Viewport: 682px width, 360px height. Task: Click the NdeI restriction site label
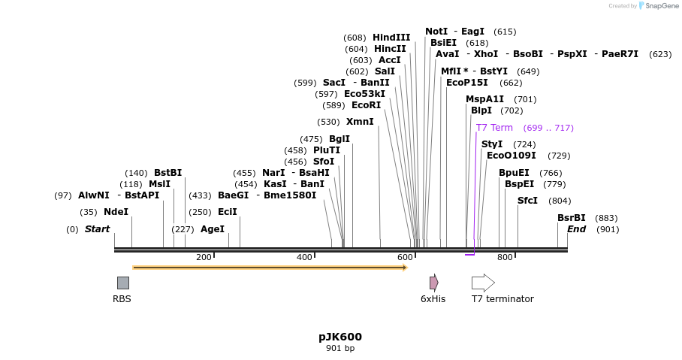tap(116, 212)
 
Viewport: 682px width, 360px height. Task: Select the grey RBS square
tap(123, 283)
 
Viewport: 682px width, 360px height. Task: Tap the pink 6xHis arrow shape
tap(433, 283)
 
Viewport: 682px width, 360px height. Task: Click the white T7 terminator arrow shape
tap(483, 283)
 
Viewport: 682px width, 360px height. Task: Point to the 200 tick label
tap(204, 257)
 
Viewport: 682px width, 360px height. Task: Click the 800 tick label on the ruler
tap(505, 257)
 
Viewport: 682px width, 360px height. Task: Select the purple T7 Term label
tap(494, 128)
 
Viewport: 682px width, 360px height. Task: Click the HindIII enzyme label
tap(391, 38)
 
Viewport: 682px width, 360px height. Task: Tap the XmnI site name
tap(360, 122)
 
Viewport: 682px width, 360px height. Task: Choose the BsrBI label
tap(572, 218)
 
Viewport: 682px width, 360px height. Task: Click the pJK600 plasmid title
tap(340, 337)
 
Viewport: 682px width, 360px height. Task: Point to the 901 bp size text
tap(340, 348)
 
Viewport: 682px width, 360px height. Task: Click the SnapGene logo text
tap(662, 6)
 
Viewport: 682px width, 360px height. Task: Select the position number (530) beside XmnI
tap(328, 122)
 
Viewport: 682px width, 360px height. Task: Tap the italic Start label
tap(97, 229)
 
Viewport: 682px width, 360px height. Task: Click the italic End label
tap(576, 229)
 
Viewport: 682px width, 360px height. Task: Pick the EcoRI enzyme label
tap(367, 105)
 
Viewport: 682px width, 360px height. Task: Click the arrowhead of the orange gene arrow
tap(406, 268)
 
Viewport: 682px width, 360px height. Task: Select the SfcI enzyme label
tap(527, 201)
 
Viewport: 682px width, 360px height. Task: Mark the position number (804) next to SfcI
tap(560, 201)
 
